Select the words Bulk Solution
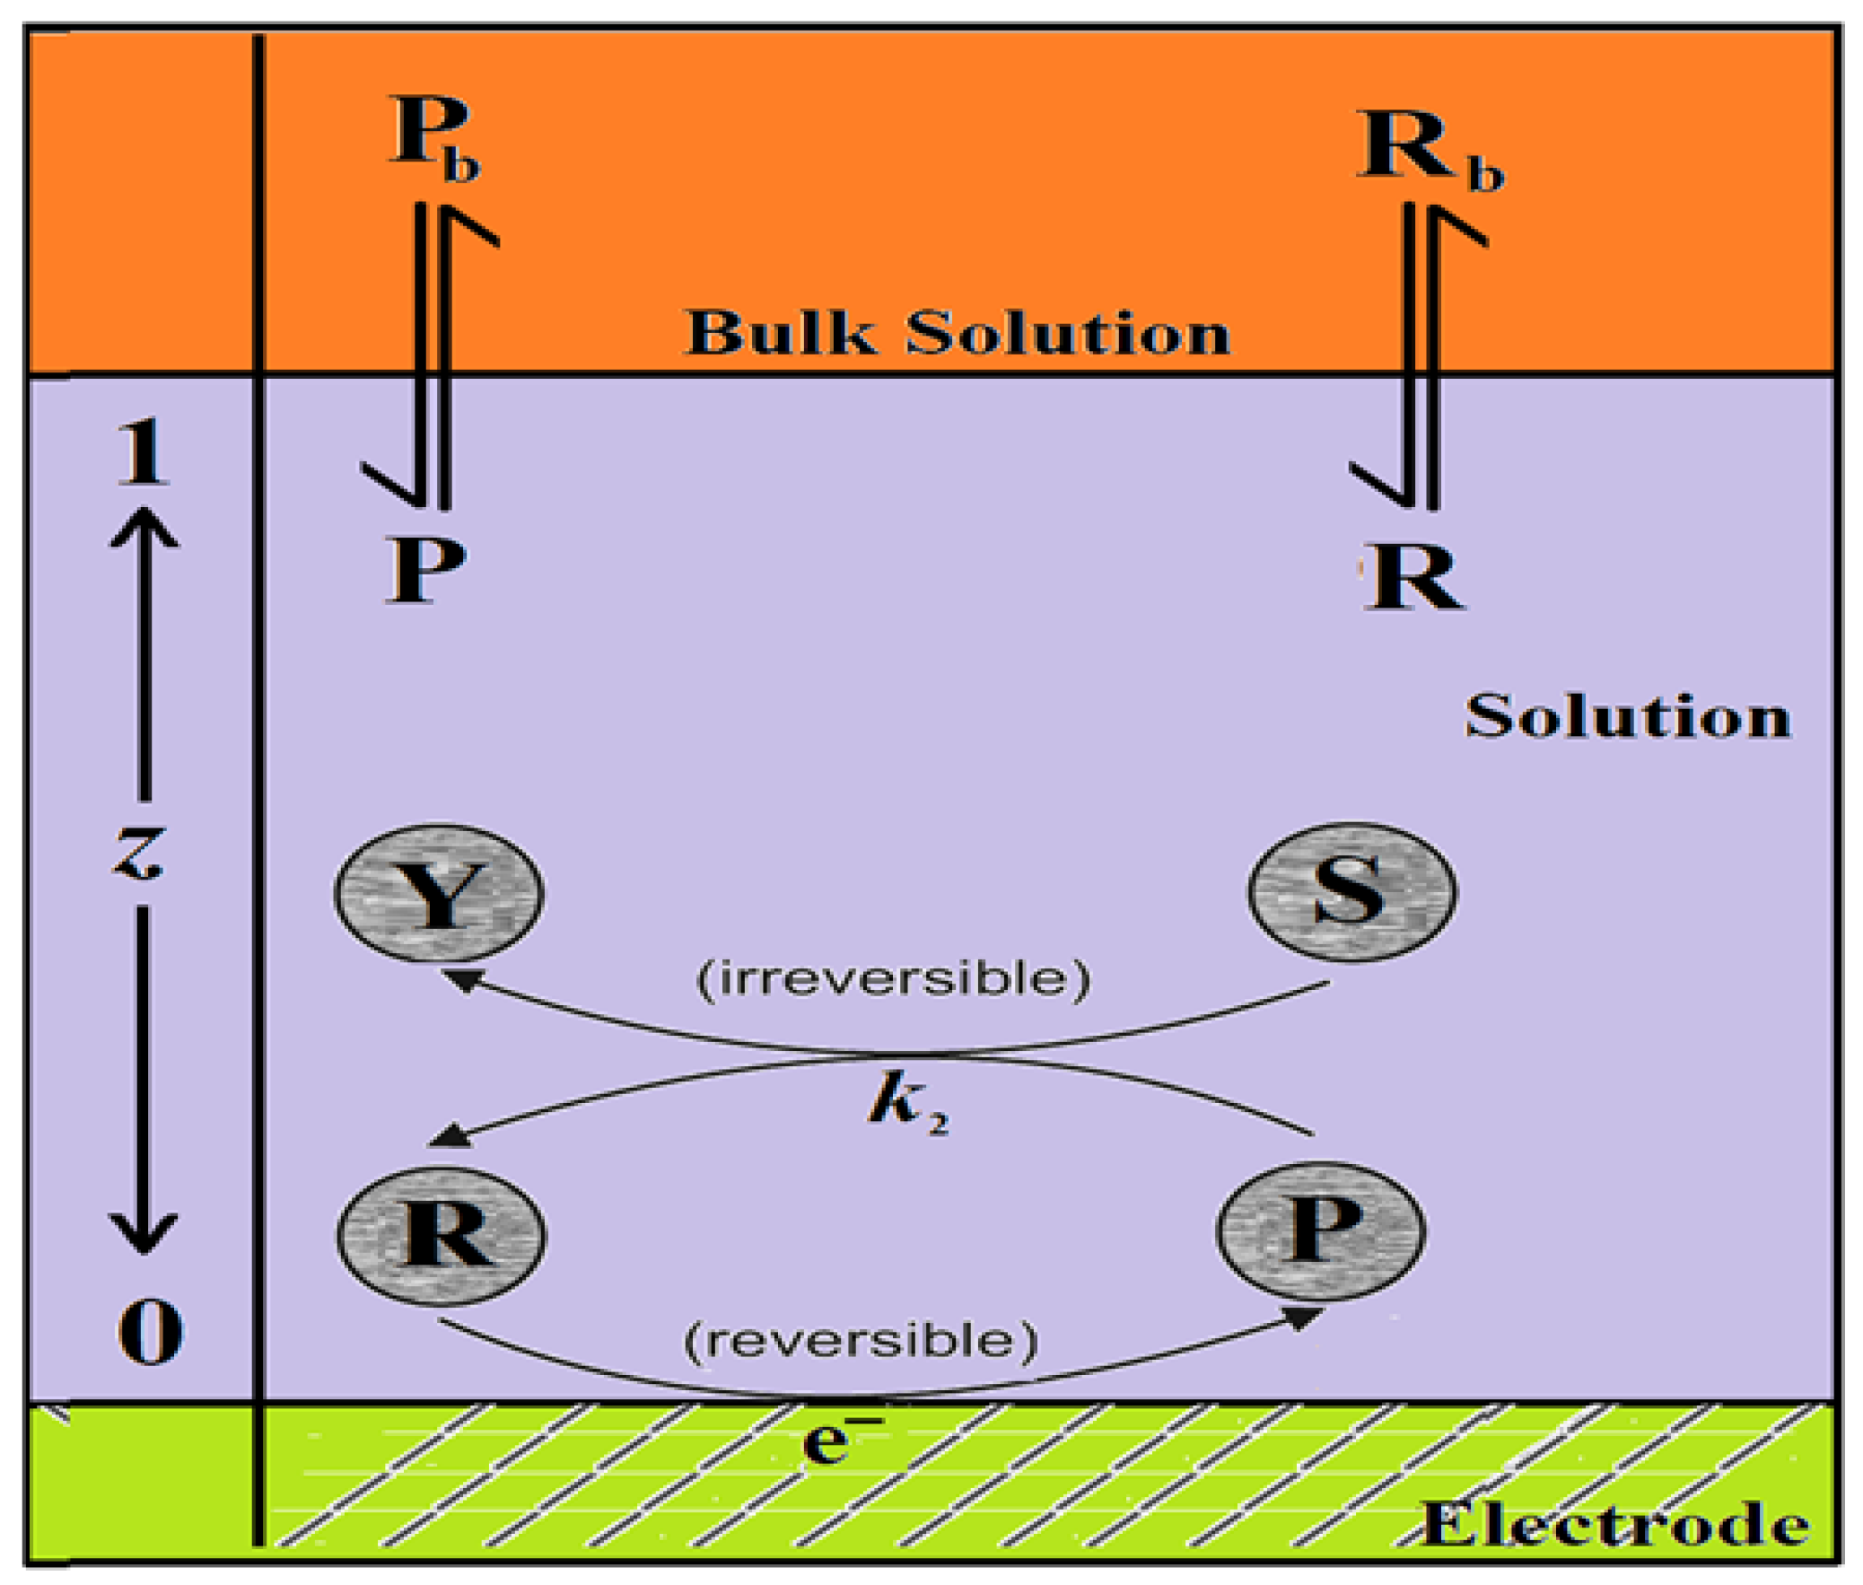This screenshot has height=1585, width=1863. tap(957, 333)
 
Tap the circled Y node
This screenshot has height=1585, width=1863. tap(438, 894)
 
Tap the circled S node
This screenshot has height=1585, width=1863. tap(1351, 891)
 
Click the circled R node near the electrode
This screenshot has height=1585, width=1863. tap(441, 1234)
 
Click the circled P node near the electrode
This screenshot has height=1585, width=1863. tap(1320, 1230)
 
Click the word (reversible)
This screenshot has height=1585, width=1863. tap(861, 1341)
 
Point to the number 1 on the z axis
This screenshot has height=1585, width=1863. tap(142, 453)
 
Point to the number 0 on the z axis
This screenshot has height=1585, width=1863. tap(149, 1334)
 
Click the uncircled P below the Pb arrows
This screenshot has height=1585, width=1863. tap(426, 572)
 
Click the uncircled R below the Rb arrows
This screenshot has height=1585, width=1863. tap(1414, 577)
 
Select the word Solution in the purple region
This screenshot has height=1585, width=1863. tap(1628, 717)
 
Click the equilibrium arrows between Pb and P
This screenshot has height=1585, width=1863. tap(431, 355)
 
